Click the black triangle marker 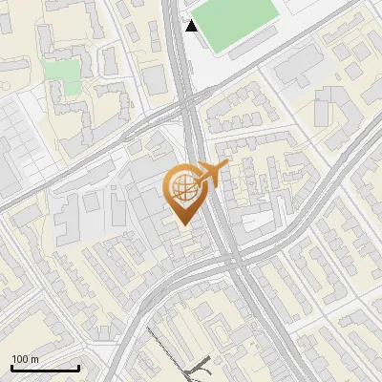(x=192, y=26)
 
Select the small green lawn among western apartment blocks (x=61, y=74)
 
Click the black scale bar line (x=45, y=369)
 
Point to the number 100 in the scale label (x=20, y=359)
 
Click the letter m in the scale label (x=34, y=359)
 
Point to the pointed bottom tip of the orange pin (x=184, y=224)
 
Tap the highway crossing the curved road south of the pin (x=229, y=260)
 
